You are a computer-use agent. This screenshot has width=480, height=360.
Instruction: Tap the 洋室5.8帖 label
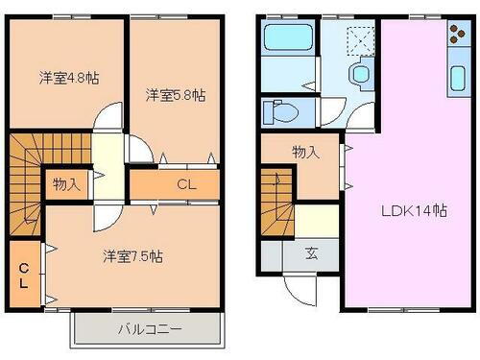pos(176,95)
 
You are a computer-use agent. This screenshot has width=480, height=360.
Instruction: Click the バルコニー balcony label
pos(150,330)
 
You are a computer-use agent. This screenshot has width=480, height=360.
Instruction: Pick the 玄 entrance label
pos(313,254)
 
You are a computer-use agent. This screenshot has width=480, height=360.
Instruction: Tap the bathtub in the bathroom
pos(289,42)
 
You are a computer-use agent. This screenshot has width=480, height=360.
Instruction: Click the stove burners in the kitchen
pos(454,37)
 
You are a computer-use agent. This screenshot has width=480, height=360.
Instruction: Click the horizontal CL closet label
pos(186,182)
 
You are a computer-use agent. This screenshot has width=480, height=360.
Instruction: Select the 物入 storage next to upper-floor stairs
pos(66,182)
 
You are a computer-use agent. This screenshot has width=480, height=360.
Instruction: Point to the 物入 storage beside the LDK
pos(304,152)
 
